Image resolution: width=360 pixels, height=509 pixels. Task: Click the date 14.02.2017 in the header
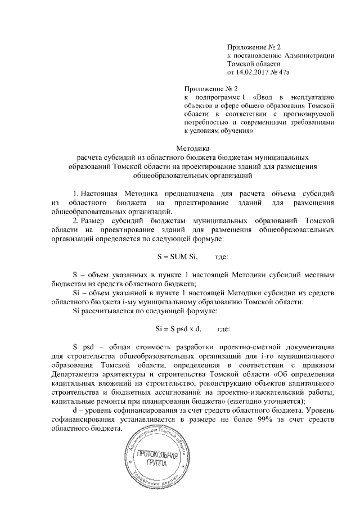255,73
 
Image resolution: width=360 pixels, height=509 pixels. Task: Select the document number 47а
290,73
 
